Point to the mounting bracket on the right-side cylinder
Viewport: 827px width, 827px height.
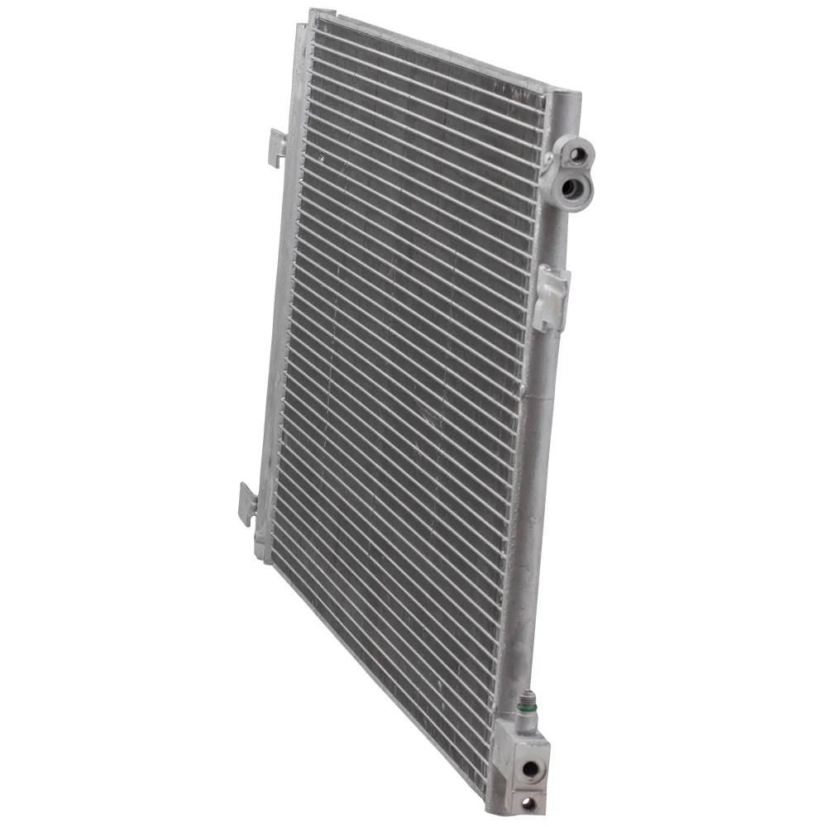pyautogui.click(x=549, y=295)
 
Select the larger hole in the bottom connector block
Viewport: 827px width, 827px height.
pyautogui.click(x=527, y=768)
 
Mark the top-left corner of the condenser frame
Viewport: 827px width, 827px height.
pyautogui.click(x=313, y=12)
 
